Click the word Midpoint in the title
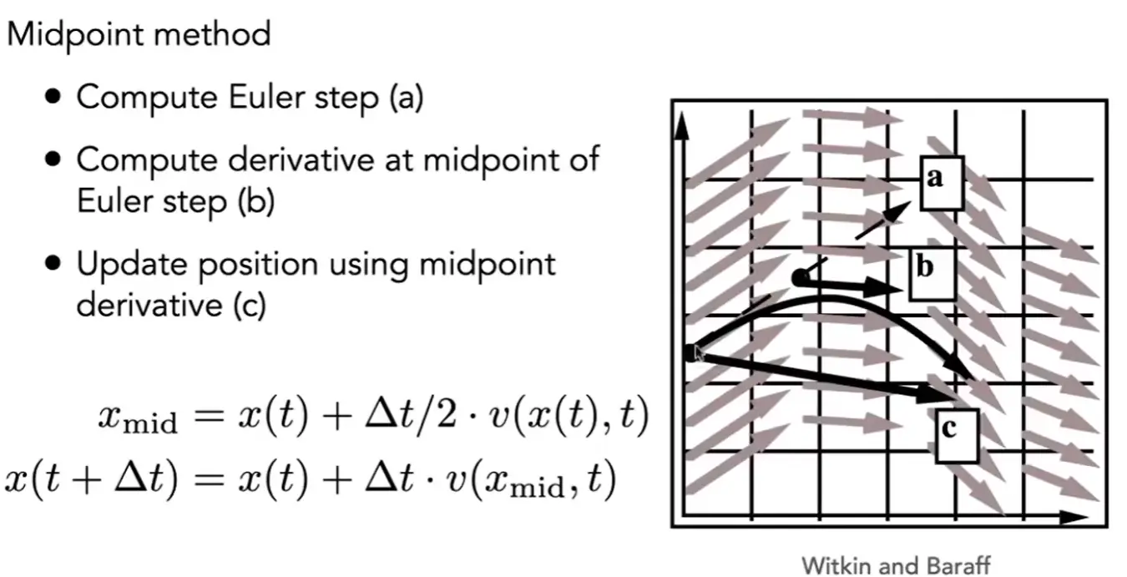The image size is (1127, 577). (x=75, y=35)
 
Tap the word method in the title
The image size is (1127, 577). (x=212, y=34)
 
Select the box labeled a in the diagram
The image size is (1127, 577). (x=942, y=183)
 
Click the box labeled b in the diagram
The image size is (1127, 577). (x=932, y=274)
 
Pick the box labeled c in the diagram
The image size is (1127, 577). (x=957, y=436)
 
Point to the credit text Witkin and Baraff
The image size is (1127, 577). (x=896, y=565)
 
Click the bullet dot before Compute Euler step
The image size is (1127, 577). (x=53, y=96)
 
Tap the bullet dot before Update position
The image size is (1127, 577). (x=53, y=262)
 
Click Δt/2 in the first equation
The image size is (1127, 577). (x=411, y=416)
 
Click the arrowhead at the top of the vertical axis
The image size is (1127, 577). (x=681, y=126)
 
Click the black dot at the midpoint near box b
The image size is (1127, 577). (x=800, y=278)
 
